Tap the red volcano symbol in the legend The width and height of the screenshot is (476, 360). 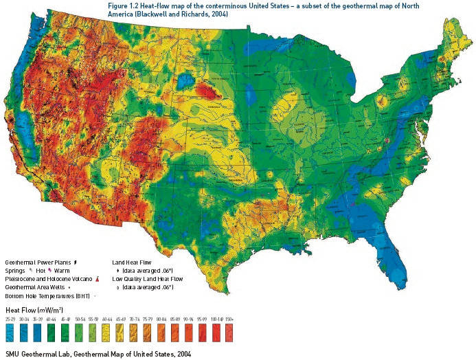click(100, 278)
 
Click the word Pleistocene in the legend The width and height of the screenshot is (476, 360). click(20, 278)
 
